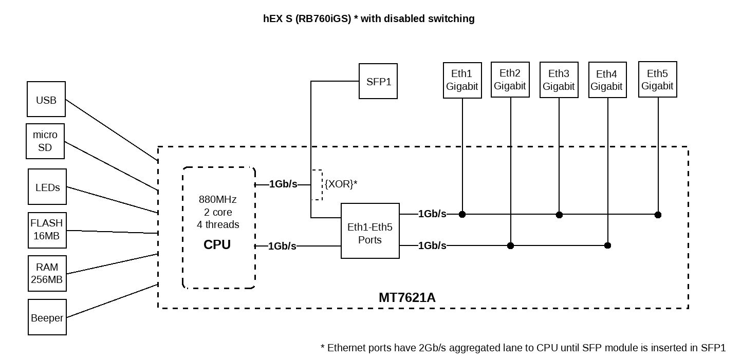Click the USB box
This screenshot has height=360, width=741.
click(46, 99)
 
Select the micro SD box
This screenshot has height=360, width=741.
click(45, 141)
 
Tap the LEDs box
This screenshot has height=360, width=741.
click(47, 187)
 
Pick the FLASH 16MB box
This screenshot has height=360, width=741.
click(47, 230)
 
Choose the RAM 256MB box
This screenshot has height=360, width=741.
click(47, 273)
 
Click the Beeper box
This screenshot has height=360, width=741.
click(47, 317)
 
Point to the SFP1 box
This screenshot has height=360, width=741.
click(378, 81)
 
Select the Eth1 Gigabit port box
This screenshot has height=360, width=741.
click(462, 80)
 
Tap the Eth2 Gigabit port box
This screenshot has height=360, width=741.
click(510, 80)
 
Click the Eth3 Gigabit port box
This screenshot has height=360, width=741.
click(559, 80)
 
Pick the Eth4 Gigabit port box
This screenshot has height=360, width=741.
click(606, 80)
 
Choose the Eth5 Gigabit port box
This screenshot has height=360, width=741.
click(657, 79)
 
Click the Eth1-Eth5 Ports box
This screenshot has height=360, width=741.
click(370, 231)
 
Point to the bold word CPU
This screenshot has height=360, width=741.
click(217, 244)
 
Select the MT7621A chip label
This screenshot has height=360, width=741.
click(407, 297)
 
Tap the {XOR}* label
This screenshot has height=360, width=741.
click(341, 184)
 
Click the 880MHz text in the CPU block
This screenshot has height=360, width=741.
click(217, 199)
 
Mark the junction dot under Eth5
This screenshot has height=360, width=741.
click(658, 215)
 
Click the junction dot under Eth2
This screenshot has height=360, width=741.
click(510, 246)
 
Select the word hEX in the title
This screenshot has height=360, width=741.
click(272, 19)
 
